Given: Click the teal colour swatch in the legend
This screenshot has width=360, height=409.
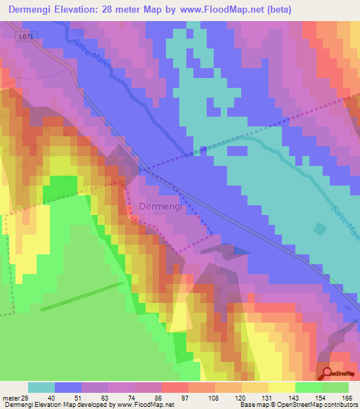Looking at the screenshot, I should click(41, 387).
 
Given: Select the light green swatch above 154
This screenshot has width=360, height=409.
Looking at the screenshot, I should click(309, 387).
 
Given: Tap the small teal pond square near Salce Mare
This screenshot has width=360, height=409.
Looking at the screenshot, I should click(321, 229).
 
